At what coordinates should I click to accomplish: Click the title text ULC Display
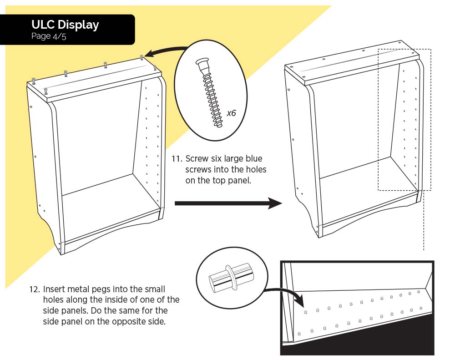coord(65,25)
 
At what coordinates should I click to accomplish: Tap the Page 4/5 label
coord(49,36)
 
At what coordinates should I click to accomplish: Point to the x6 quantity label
coord(231,113)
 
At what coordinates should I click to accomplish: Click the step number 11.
coord(177,159)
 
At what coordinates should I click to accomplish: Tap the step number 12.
coord(35,289)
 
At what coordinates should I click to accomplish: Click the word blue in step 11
coord(253,159)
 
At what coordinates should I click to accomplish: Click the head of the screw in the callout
coord(202,62)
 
